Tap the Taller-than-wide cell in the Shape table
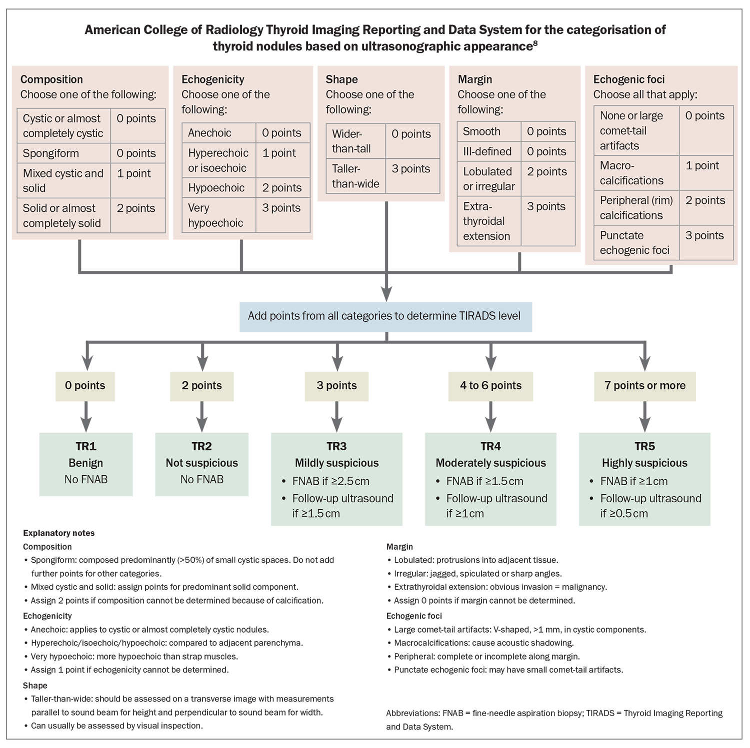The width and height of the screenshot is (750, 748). [x=355, y=176]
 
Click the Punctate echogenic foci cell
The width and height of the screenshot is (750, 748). [x=635, y=243]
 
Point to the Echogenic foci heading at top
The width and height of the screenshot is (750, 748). [x=628, y=79]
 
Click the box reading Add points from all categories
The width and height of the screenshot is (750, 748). [x=385, y=316]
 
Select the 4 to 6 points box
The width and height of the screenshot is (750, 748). [x=490, y=386]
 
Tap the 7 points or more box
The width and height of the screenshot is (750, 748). [x=644, y=386]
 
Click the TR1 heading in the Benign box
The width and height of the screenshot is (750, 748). [x=86, y=446]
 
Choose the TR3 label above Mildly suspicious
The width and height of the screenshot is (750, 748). [x=336, y=446]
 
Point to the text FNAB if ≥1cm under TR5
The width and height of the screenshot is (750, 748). [x=633, y=481]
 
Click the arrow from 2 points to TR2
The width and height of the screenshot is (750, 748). [x=202, y=417]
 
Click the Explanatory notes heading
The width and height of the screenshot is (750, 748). [x=58, y=533]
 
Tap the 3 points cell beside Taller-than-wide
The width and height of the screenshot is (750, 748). [x=411, y=169]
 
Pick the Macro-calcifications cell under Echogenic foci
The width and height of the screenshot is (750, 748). [x=631, y=173]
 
